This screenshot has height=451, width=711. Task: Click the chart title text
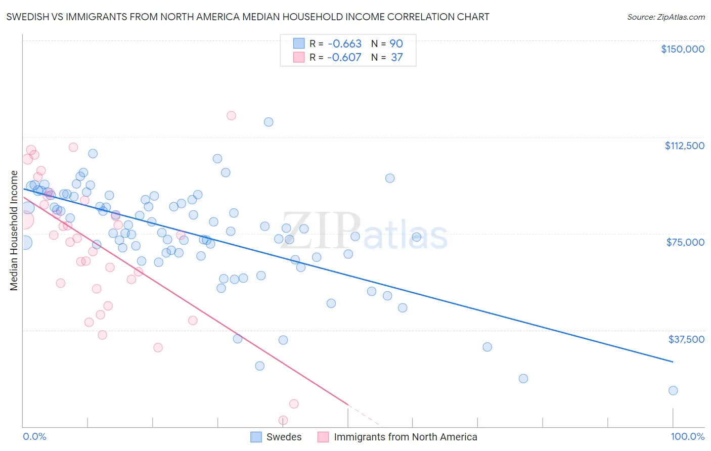(248, 17)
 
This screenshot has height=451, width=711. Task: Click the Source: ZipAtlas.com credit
(665, 17)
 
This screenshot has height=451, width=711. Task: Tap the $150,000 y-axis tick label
(682, 49)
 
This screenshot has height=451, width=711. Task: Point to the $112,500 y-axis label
(684, 146)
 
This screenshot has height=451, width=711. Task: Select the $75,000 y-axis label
(685, 242)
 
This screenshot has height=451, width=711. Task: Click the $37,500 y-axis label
(686, 339)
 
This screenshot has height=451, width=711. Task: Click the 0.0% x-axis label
(34, 436)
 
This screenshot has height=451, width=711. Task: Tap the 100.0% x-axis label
(687, 436)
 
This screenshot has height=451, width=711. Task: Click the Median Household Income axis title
(14, 231)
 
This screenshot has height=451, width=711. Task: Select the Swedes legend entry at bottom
(284, 437)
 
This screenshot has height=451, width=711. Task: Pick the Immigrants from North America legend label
(405, 437)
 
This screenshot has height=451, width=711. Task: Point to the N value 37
(396, 58)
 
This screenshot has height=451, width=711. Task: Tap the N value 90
(396, 44)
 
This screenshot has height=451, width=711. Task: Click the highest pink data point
(231, 115)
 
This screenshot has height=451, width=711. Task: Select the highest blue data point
(269, 122)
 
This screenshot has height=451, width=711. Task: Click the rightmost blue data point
(673, 390)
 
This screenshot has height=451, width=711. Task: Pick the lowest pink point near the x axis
(283, 420)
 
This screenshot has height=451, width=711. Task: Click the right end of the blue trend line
(673, 362)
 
